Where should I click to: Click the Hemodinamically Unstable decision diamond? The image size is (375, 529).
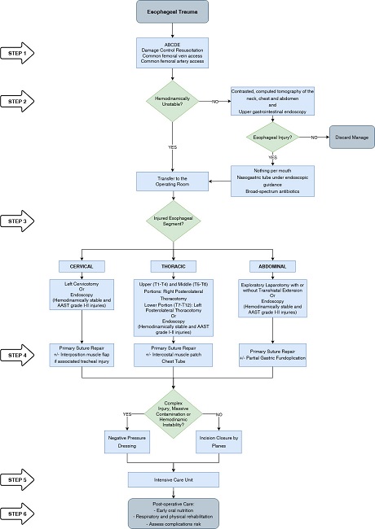173,102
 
